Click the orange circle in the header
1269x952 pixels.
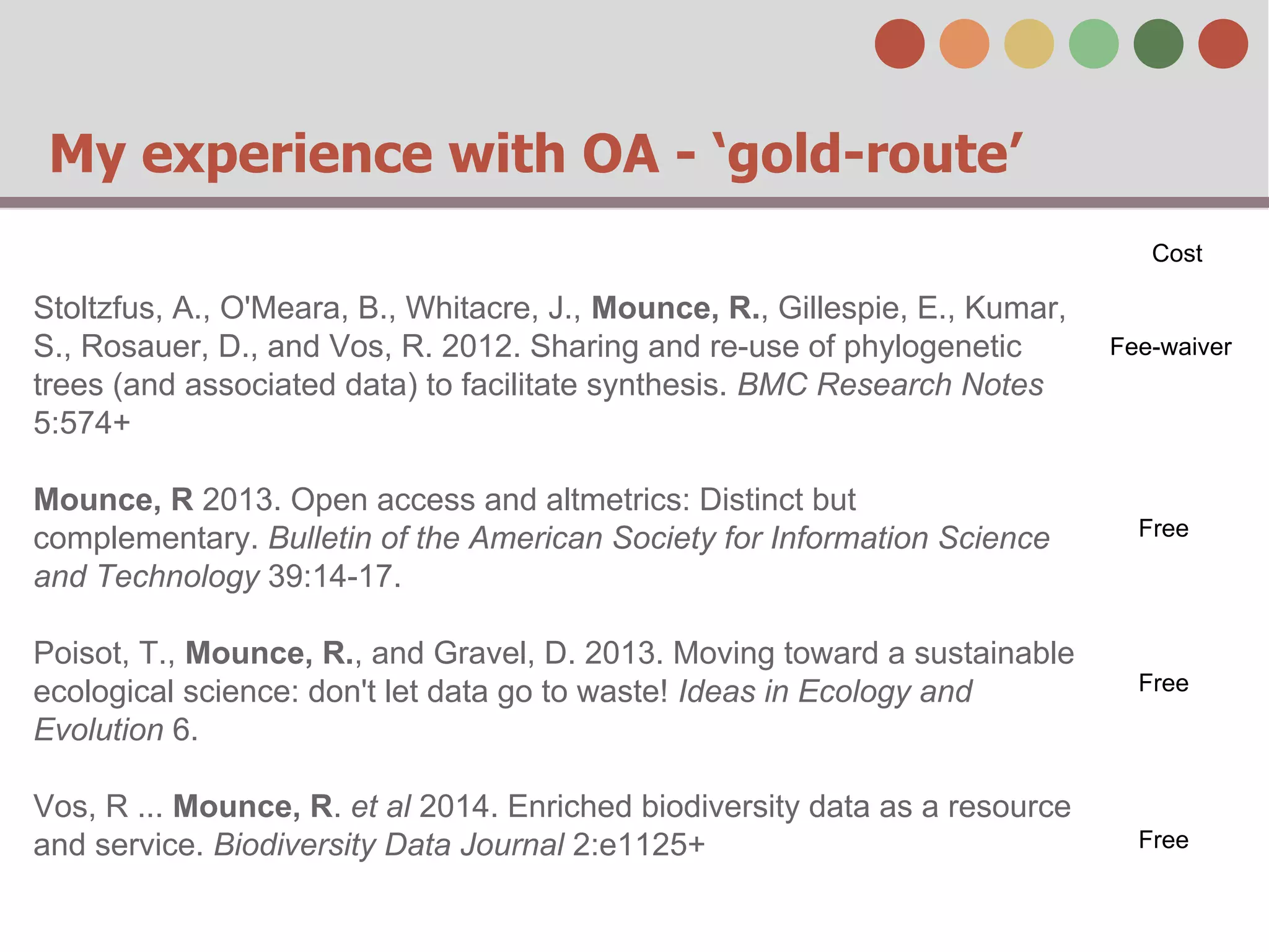[964, 43]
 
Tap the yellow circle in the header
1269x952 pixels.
[1029, 43]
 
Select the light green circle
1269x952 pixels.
[1094, 43]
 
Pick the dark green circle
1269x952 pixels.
[1158, 43]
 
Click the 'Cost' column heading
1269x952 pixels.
[1177, 253]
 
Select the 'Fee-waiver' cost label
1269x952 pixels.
[1170, 347]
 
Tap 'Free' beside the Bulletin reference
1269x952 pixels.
[1164, 529]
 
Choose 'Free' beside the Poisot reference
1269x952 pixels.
[1164, 683]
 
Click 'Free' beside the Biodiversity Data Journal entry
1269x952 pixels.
[1164, 840]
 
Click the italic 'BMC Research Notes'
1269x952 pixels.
[890, 385]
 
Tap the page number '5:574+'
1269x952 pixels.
[82, 423]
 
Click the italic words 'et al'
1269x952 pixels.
[380, 806]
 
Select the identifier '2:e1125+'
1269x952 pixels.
[638, 845]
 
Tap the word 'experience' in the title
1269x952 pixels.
[287, 155]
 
